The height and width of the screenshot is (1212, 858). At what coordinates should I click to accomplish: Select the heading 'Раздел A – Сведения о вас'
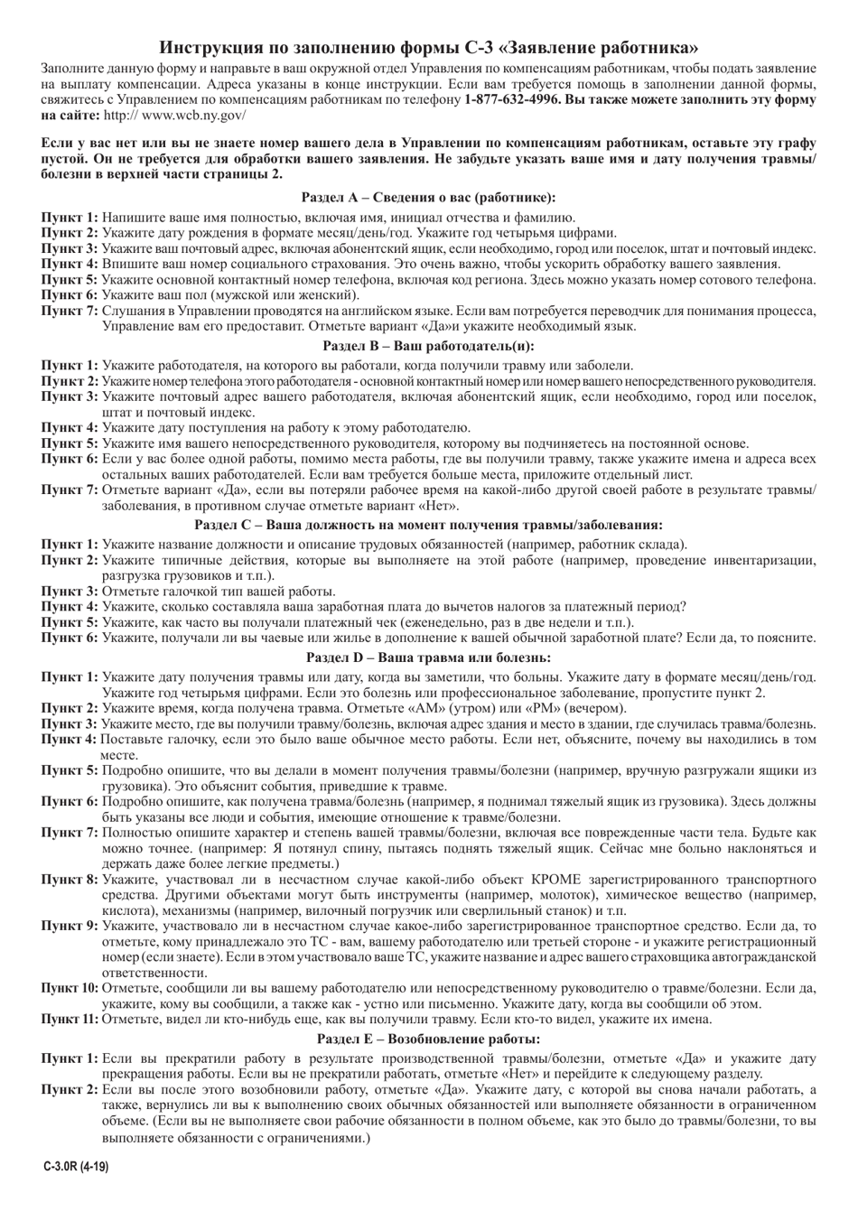click(428, 197)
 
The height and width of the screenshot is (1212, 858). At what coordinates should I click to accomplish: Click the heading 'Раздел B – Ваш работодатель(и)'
click(428, 346)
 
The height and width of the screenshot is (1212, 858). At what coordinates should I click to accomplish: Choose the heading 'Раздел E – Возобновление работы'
click(428, 1040)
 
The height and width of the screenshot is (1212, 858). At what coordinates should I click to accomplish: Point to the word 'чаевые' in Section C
click(251, 638)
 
